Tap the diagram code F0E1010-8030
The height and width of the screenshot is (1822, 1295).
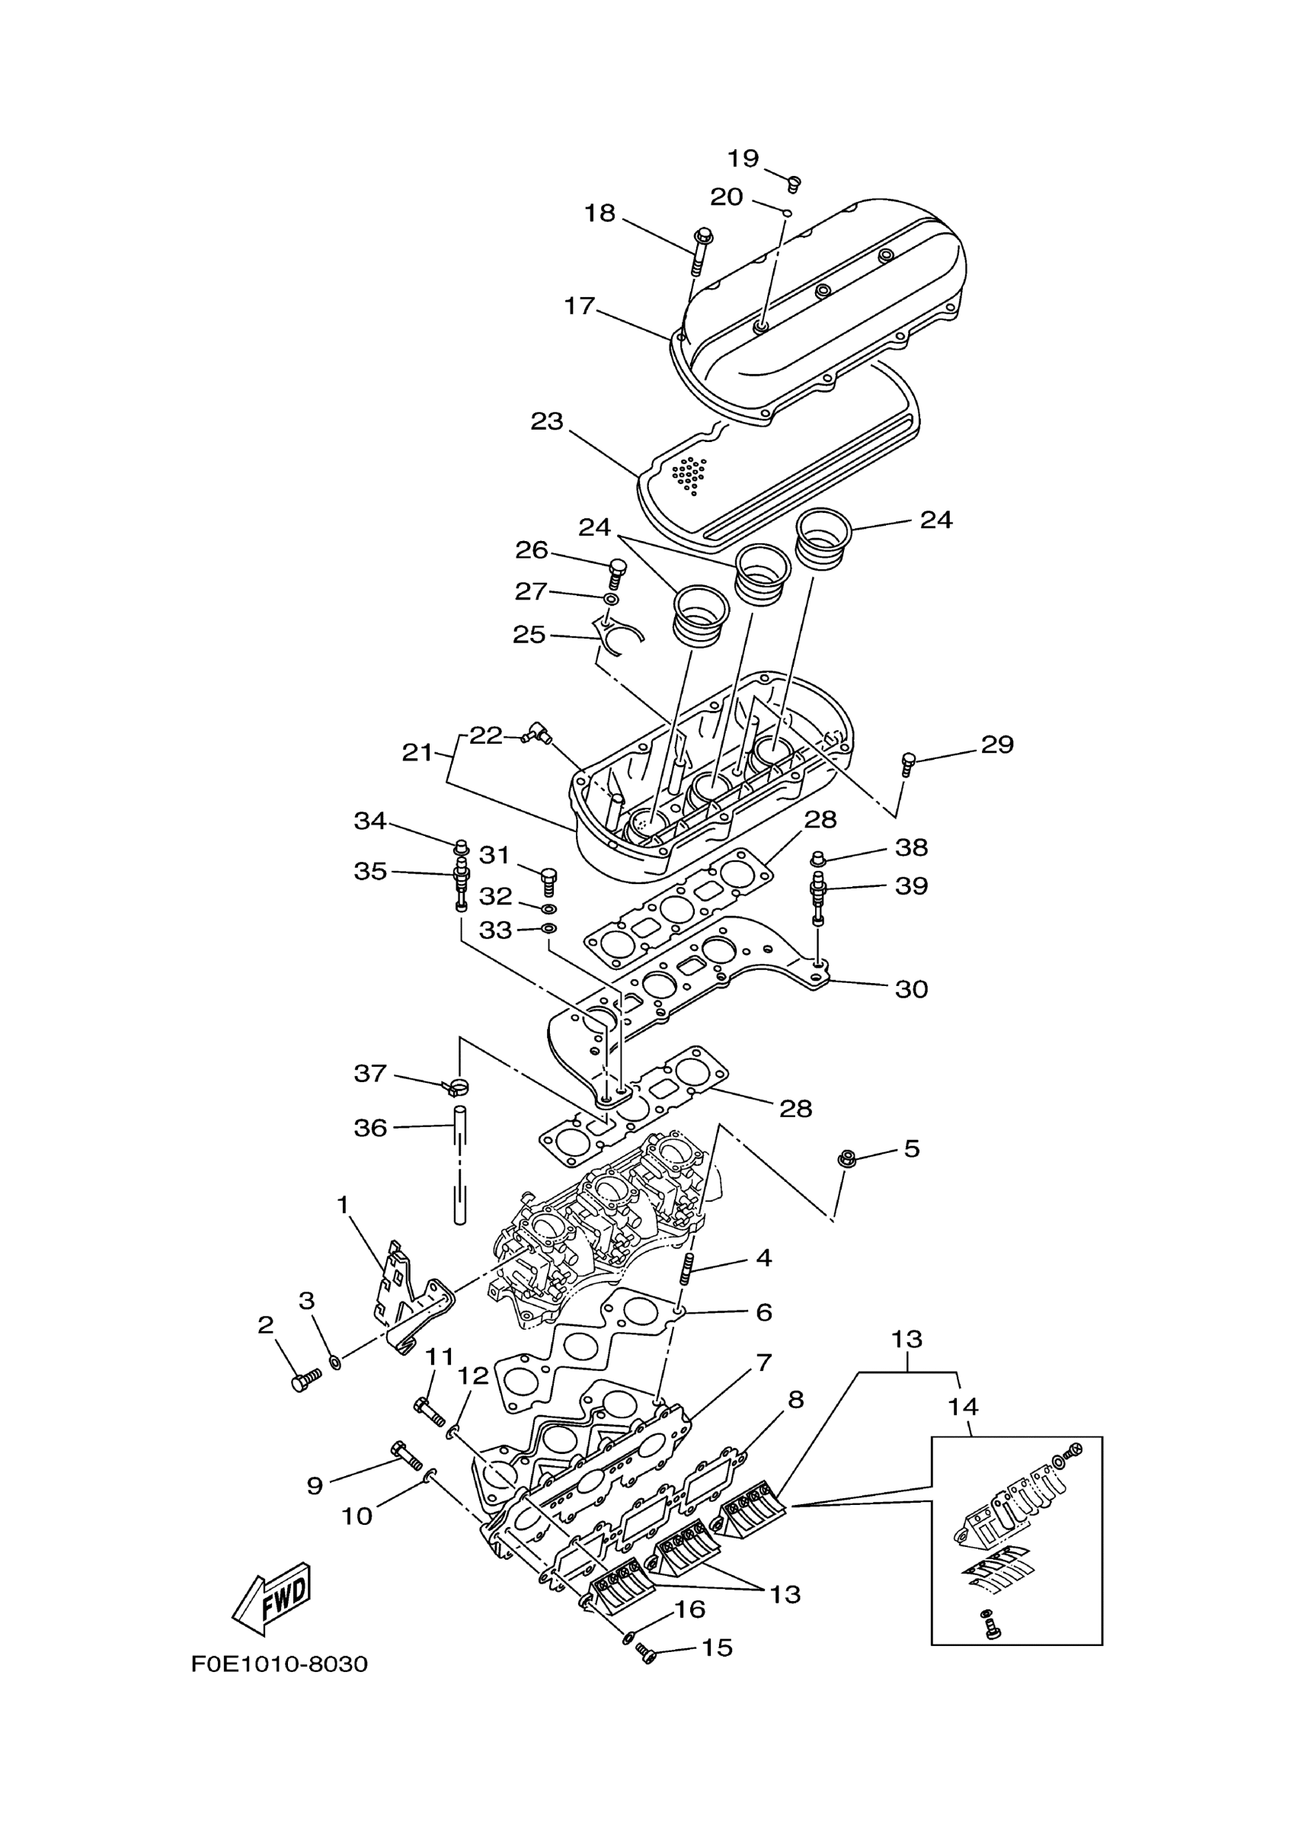pyautogui.click(x=279, y=1665)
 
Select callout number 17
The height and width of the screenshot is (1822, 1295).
pyautogui.click(x=580, y=306)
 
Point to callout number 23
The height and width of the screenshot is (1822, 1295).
pyautogui.click(x=547, y=421)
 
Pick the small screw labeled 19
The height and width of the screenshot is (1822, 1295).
pyautogui.click(x=794, y=184)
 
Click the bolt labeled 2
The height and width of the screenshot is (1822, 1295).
pyautogui.click(x=305, y=1380)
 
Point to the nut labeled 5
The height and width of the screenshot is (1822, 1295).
pyautogui.click(x=847, y=1159)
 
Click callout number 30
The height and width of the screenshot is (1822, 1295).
pyautogui.click(x=911, y=989)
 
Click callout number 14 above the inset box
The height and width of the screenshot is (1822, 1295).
pyautogui.click(x=964, y=1407)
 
